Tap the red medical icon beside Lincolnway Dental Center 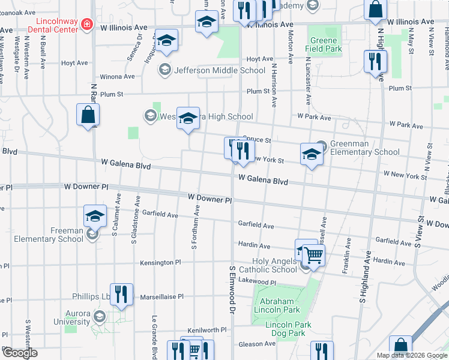click(88, 24)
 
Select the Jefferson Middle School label click(219, 70)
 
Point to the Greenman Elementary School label click(365, 148)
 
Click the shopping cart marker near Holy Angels click(313, 255)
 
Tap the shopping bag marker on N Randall click(88, 115)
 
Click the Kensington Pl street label click(160, 263)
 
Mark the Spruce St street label click(257, 141)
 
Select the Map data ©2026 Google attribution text click(411, 355)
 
